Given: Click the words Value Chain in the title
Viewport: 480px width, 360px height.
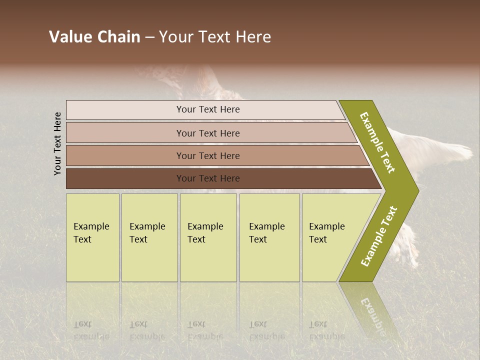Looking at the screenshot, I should click(94, 37).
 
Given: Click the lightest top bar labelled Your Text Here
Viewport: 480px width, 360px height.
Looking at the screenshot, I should click(207, 109).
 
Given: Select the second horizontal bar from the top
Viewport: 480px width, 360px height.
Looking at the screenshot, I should click(207, 133).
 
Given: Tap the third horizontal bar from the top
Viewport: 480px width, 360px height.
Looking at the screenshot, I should click(207, 155).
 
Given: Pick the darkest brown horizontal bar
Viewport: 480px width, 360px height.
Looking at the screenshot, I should click(207, 178).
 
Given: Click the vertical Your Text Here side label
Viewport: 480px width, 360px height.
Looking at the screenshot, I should click(57, 143).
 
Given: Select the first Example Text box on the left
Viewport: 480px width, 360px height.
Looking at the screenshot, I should click(92, 237).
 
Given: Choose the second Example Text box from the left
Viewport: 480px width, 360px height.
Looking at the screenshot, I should click(149, 237).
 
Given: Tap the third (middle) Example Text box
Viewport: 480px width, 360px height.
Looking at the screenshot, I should click(207, 237).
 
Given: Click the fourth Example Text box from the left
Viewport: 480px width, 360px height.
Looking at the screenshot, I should click(269, 237).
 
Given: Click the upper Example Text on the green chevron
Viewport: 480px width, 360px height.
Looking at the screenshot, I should click(378, 142).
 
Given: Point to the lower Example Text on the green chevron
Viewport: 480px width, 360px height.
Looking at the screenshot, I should click(379, 236).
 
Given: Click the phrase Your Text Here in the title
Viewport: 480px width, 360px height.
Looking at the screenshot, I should click(215, 37).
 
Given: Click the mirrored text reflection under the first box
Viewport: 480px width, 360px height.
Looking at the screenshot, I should click(91, 330).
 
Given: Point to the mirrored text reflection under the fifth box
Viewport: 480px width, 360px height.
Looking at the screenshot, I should click(326, 330).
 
